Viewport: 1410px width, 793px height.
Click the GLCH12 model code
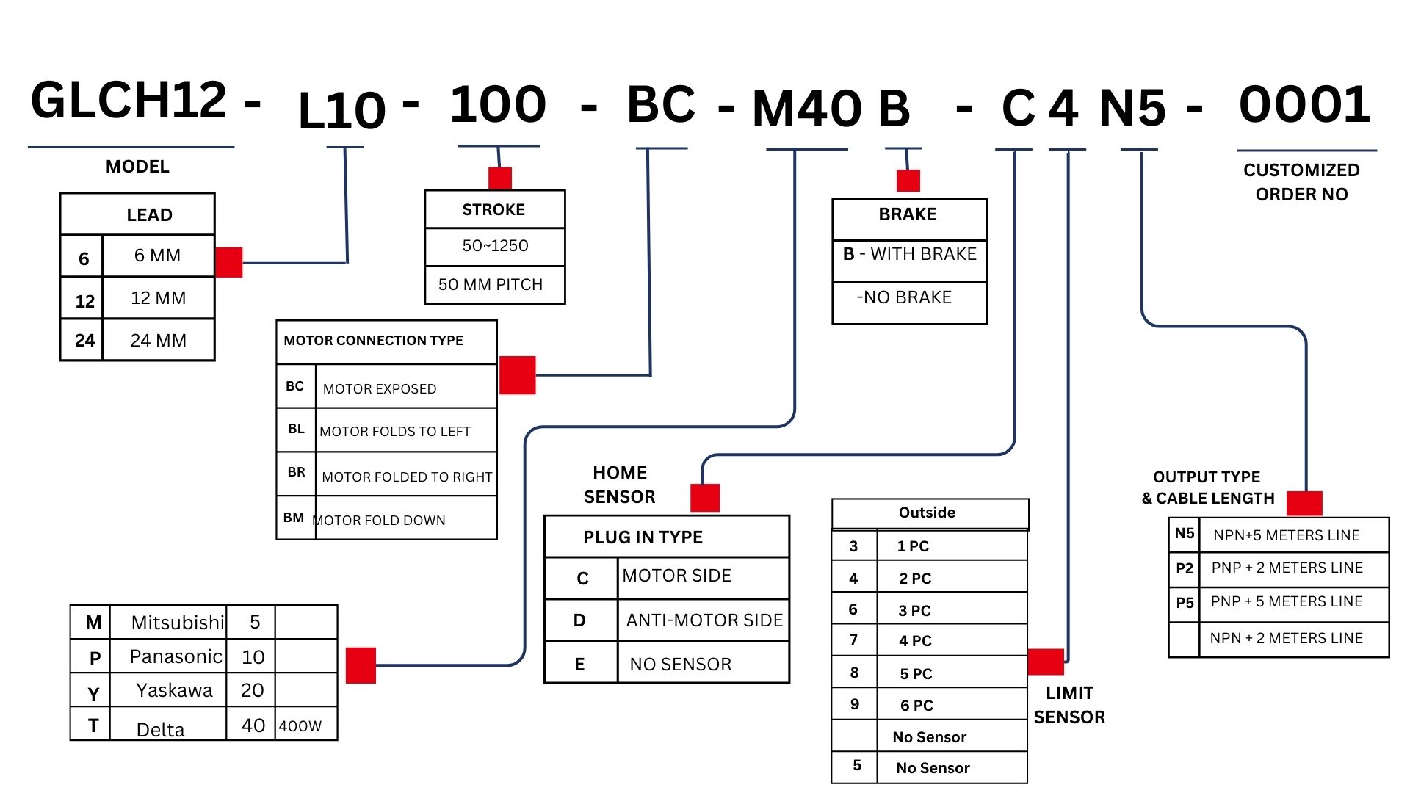click(129, 101)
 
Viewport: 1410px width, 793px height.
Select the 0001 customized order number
click(1304, 104)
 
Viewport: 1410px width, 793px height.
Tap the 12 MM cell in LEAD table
click(158, 298)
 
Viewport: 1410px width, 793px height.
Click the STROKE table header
click(493, 210)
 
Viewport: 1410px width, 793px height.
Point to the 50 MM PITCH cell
click(491, 285)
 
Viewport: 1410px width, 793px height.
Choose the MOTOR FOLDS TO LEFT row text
click(395, 432)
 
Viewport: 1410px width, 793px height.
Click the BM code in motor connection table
click(294, 518)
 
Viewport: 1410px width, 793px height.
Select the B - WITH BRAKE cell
click(909, 254)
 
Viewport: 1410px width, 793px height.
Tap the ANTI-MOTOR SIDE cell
click(704, 620)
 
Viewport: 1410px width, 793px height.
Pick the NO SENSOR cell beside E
click(680, 665)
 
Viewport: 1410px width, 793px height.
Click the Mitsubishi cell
click(177, 623)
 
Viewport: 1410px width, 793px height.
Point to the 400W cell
click(300, 726)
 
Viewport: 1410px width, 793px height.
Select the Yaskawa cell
click(174, 690)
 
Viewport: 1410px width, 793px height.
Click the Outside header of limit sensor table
click(927, 513)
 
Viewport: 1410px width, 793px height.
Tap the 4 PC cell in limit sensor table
click(915, 641)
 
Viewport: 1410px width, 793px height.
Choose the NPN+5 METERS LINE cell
click(1286, 535)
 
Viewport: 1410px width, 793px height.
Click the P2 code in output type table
click(1184, 568)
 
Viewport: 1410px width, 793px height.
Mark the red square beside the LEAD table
click(229, 262)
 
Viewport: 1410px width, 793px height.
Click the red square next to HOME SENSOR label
click(704, 498)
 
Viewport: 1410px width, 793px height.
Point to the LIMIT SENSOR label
click(1069, 705)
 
